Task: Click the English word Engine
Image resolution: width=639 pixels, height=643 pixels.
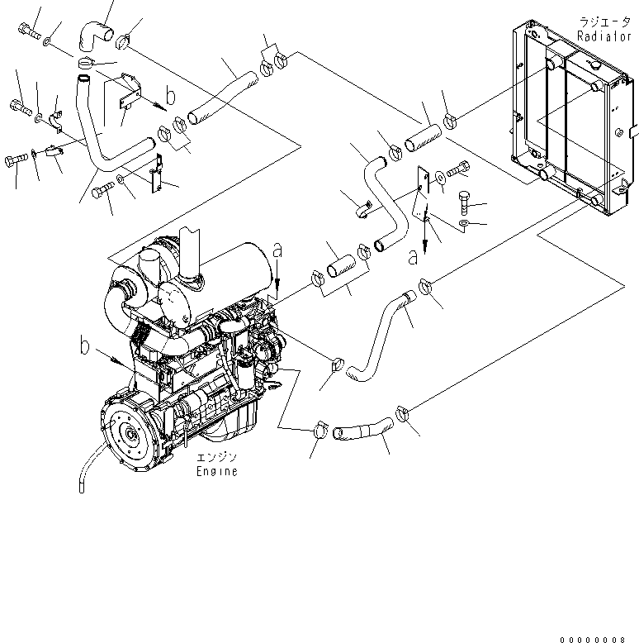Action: tap(216, 471)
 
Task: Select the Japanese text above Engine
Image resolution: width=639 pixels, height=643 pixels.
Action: tap(216, 457)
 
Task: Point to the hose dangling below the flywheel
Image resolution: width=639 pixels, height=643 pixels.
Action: tap(87, 469)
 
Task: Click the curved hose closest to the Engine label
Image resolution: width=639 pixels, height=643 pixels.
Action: tap(363, 431)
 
